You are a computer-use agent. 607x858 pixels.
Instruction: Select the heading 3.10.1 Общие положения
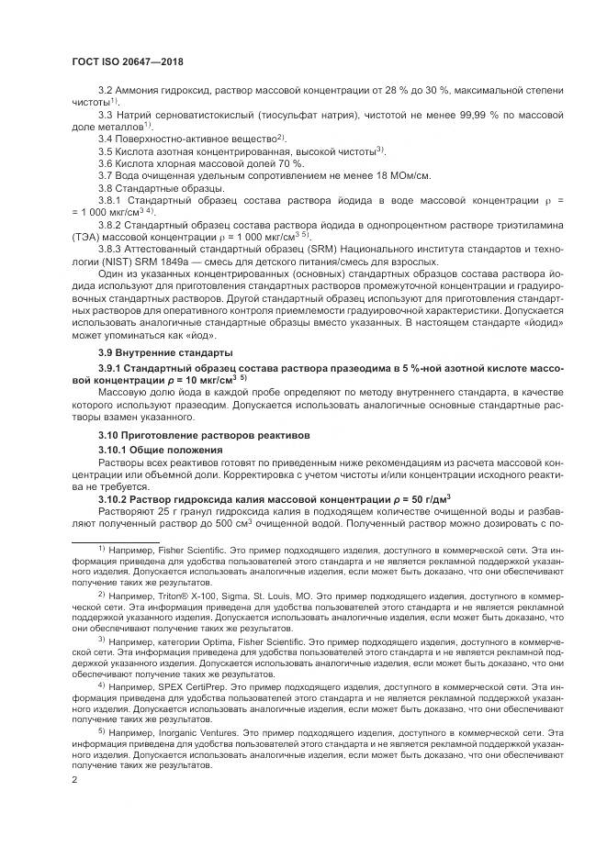coord(161,450)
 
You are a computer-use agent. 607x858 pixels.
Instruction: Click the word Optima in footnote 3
coord(218,640)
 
